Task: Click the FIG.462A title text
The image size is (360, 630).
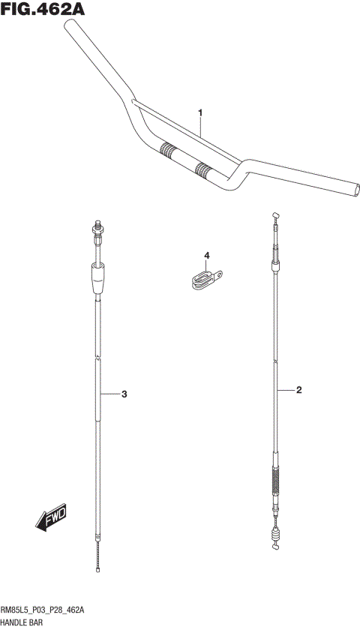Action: click(43, 9)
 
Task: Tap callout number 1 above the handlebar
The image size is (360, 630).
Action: click(200, 113)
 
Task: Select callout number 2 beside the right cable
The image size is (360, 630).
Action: click(298, 390)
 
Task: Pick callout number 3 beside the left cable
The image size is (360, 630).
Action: click(124, 394)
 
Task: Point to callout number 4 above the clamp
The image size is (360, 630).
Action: click(206, 255)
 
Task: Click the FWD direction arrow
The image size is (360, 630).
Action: click(51, 517)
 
